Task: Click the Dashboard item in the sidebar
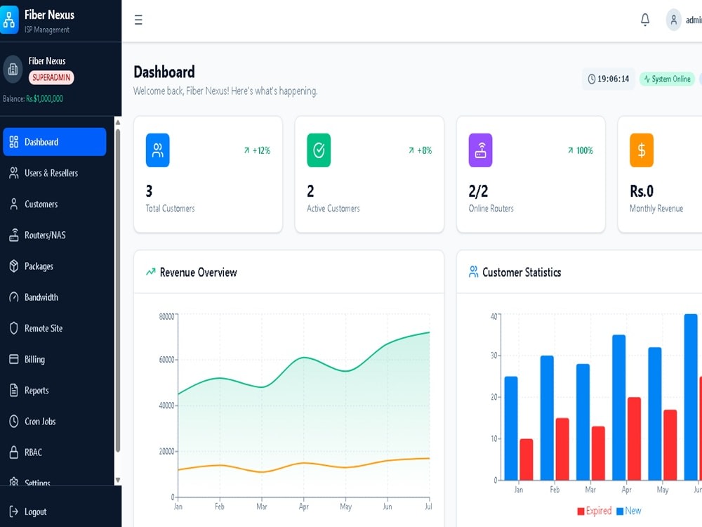click(x=54, y=142)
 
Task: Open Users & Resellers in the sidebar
click(x=51, y=173)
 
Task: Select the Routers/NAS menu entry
click(x=44, y=235)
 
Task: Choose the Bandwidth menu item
click(x=41, y=297)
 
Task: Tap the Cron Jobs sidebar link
click(x=39, y=422)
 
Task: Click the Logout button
click(x=35, y=512)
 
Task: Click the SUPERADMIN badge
click(x=51, y=78)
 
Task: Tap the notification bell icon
click(x=645, y=20)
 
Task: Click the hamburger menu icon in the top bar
click(x=138, y=20)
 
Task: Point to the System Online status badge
click(x=667, y=79)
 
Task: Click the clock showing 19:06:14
click(x=608, y=79)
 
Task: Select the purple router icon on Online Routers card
click(x=480, y=150)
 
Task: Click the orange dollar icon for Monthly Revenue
click(x=641, y=150)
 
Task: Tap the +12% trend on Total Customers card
click(x=257, y=150)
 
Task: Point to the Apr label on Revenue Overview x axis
click(x=304, y=506)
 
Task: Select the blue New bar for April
click(x=618, y=407)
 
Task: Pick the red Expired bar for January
click(x=526, y=460)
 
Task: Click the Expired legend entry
click(x=594, y=511)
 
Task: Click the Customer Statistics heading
click(x=521, y=272)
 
